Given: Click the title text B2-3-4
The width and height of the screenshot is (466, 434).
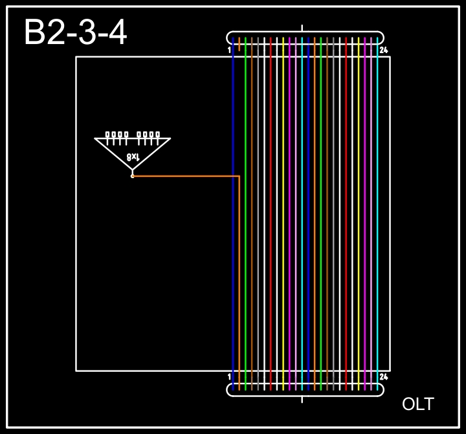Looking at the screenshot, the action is click(76, 32).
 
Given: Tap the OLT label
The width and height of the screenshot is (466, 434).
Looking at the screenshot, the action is click(418, 404).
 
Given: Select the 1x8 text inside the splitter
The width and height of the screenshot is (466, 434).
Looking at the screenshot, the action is click(133, 157).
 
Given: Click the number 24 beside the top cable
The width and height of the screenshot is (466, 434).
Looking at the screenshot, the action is click(383, 50).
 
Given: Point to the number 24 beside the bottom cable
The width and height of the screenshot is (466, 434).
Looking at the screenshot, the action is click(383, 377).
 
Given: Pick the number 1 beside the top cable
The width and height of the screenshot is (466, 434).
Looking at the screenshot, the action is click(229, 50).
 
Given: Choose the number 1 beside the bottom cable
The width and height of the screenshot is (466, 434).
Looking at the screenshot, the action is click(229, 377).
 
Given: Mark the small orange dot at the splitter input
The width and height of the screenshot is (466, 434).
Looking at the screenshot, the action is click(133, 176).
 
